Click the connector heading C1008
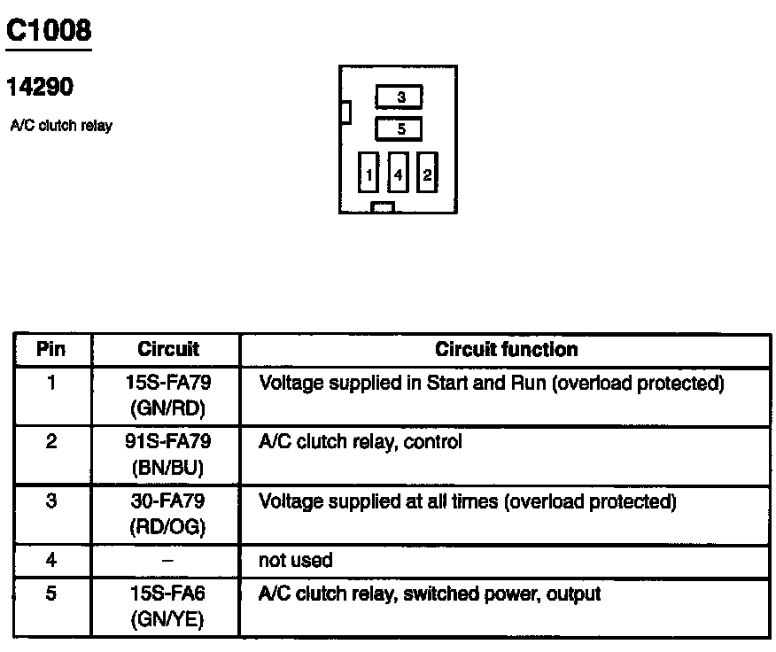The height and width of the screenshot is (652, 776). [49, 31]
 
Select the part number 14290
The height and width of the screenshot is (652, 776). [40, 87]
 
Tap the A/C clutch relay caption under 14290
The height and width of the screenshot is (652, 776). [61, 126]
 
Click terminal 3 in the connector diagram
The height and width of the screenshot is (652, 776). [400, 97]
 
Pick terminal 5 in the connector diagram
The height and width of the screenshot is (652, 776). [400, 129]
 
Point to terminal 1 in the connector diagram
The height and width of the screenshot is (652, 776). [369, 175]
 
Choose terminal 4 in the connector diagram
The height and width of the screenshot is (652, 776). [399, 175]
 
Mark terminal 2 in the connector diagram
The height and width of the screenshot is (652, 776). [427, 175]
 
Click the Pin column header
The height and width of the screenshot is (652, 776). [51, 349]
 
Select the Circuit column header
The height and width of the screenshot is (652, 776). [168, 349]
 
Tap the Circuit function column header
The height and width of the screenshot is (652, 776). [506, 349]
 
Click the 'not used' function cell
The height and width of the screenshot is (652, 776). [295, 560]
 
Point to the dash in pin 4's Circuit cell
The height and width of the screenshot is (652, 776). [167, 561]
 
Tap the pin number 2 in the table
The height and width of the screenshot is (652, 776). [51, 441]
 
